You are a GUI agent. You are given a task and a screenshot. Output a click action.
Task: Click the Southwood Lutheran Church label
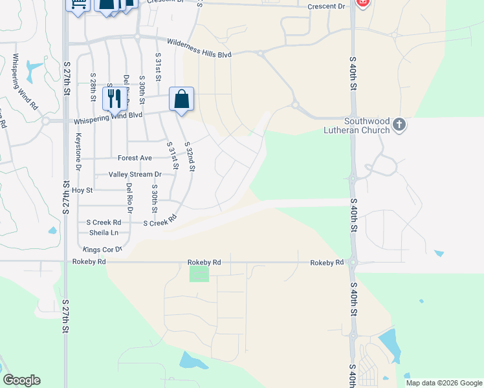(x=358, y=125)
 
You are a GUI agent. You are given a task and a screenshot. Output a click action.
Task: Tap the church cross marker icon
(x=399, y=124)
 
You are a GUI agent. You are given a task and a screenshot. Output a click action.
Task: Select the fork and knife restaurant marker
(x=113, y=98)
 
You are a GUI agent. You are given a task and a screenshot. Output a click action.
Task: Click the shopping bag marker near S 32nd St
(x=182, y=100)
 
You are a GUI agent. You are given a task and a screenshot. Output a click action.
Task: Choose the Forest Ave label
(x=135, y=158)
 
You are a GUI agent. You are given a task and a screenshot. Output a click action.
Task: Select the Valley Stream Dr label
(x=135, y=175)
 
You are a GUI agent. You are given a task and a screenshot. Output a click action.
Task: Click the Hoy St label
(x=82, y=190)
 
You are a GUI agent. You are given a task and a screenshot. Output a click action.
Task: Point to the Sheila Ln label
(x=104, y=232)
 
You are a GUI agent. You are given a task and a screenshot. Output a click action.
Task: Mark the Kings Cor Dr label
(x=102, y=249)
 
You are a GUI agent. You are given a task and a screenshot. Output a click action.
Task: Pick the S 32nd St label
(x=189, y=156)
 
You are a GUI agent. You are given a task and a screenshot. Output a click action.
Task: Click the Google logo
(x=21, y=380)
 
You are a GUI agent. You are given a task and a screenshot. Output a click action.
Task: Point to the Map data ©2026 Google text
(x=443, y=383)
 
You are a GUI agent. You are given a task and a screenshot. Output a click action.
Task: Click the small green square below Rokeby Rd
(x=199, y=274)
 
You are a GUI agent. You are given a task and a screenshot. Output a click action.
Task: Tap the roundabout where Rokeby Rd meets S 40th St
(x=353, y=263)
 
